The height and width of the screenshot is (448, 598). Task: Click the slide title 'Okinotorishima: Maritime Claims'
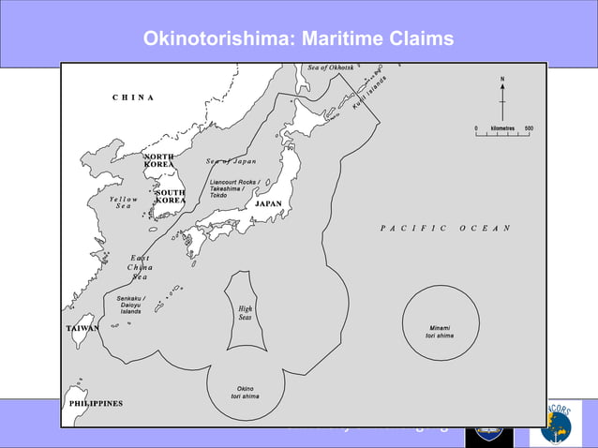pyautogui.click(x=298, y=38)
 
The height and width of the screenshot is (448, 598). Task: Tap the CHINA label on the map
pyautogui.click(x=133, y=97)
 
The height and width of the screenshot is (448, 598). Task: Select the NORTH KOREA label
pyautogui.click(x=158, y=160)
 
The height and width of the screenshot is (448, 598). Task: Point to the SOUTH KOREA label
pyautogui.click(x=170, y=196)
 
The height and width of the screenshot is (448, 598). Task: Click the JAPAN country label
pyautogui.click(x=268, y=203)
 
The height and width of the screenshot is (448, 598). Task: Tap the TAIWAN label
pyautogui.click(x=82, y=329)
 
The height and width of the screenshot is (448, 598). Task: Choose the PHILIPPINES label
pyautogui.click(x=96, y=403)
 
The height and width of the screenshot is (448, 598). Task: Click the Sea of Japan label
pyautogui.click(x=231, y=161)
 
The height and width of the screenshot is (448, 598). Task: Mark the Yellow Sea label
pyautogui.click(x=123, y=202)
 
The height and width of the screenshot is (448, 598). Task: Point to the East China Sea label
pyautogui.click(x=140, y=267)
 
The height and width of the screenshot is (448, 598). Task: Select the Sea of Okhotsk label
pyautogui.click(x=331, y=67)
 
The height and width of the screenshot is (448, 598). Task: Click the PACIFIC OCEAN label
pyautogui.click(x=445, y=228)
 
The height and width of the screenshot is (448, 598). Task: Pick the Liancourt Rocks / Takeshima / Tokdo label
pyautogui.click(x=234, y=188)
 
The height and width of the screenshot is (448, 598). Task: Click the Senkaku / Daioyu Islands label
pyautogui.click(x=131, y=305)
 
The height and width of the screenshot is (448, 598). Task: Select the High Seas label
pyautogui.click(x=245, y=313)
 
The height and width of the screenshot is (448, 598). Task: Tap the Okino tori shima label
pyautogui.click(x=245, y=392)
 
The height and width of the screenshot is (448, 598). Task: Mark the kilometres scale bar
pyautogui.click(x=503, y=132)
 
